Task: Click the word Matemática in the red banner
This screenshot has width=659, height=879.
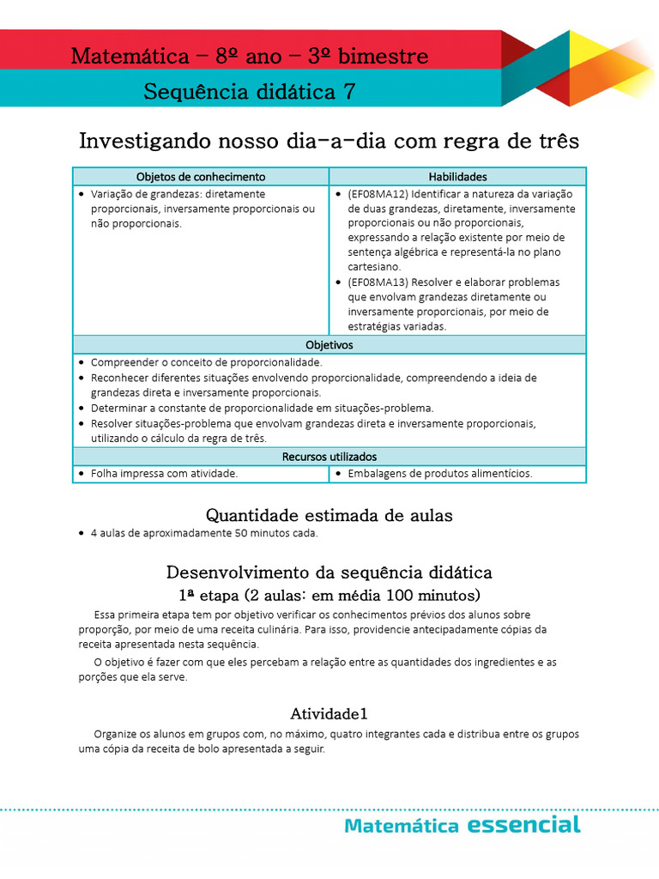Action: click(129, 57)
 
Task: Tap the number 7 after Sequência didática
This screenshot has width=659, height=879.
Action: click(349, 92)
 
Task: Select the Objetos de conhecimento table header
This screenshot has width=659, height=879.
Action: click(201, 177)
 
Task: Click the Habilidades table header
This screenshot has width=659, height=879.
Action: click(457, 177)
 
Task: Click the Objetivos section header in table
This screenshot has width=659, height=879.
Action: click(329, 345)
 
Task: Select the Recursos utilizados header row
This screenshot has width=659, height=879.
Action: click(329, 457)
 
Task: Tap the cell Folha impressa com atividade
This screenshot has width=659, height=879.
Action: click(164, 473)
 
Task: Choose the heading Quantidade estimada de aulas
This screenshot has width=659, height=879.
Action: click(329, 515)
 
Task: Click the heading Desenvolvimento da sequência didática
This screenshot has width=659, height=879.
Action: click(329, 572)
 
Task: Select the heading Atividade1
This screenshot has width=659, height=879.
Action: click(329, 713)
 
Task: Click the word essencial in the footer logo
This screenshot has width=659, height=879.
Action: click(524, 826)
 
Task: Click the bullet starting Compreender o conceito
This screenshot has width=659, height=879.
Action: click(194, 362)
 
